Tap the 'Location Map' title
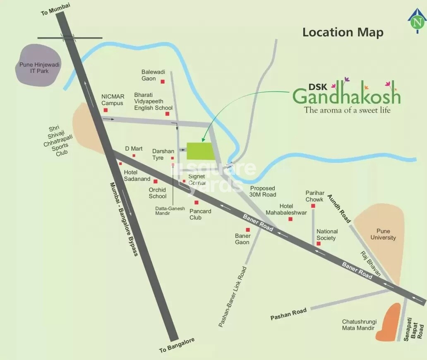click(343, 32)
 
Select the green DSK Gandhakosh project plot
click(201, 151)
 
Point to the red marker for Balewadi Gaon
click(163, 82)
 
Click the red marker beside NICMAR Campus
click(106, 110)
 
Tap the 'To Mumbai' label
click(55, 9)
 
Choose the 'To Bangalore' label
click(177, 346)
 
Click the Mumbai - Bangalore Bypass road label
click(124, 219)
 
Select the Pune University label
click(383, 234)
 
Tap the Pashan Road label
click(288, 314)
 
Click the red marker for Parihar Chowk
click(314, 206)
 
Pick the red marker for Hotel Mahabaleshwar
click(290, 219)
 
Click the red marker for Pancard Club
click(197, 202)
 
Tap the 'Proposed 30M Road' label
click(263, 191)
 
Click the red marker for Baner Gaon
click(248, 230)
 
